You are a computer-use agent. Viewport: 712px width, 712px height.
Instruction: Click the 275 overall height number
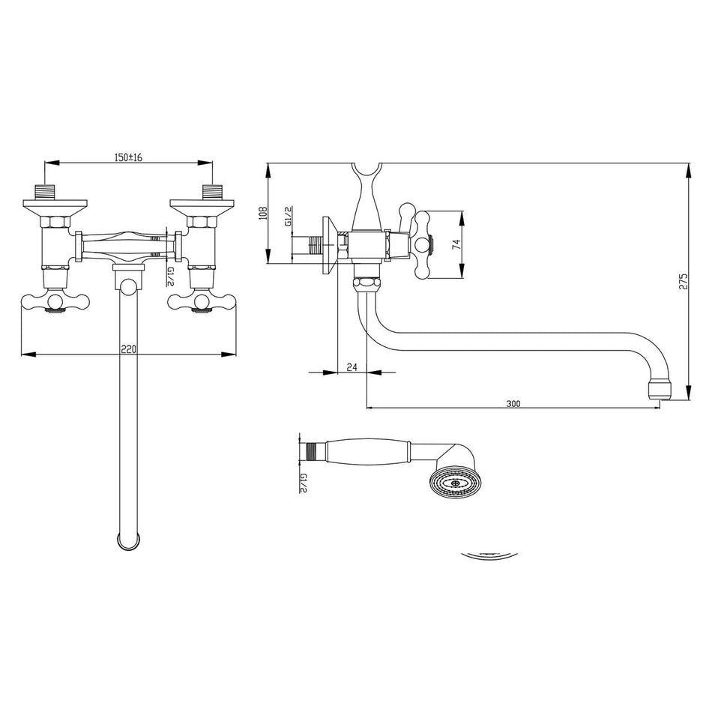pos(681,283)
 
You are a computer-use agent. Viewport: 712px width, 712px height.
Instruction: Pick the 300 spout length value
pos(513,403)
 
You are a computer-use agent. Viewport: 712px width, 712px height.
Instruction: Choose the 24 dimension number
pos(352,366)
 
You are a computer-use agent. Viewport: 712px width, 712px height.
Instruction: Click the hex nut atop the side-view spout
pos(366,283)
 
